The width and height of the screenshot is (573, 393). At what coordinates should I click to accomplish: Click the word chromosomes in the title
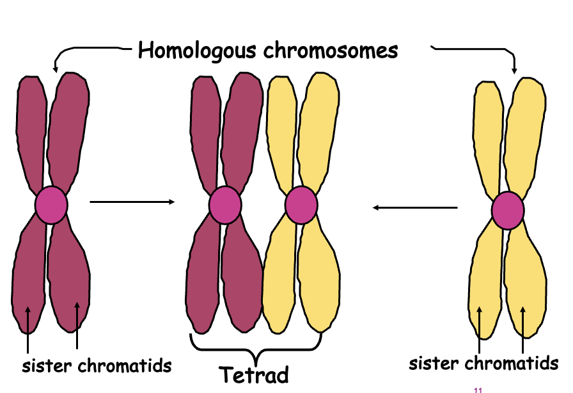pos(325,50)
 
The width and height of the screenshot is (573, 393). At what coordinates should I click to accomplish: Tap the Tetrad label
pos(255,374)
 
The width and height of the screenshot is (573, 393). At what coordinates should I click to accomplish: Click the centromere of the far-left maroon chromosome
pos(51,204)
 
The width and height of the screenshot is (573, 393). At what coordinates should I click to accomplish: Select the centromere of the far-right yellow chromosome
pos(508,210)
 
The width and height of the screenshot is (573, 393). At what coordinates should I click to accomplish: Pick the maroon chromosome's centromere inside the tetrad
pos(224,205)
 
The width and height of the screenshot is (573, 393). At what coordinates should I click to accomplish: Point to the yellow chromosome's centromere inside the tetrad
pos(301,205)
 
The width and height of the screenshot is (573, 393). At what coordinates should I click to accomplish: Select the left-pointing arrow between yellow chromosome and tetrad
pos(415,207)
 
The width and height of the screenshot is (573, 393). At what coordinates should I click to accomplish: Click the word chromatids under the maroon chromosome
pos(125,366)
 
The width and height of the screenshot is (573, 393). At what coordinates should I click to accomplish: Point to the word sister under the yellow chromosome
pos(432,364)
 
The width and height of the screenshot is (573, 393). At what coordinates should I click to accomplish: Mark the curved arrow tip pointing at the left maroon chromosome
pos(55,69)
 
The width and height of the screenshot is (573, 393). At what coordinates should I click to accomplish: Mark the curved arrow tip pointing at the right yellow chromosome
pos(515,72)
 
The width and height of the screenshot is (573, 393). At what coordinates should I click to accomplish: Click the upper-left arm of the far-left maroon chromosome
pos(31,128)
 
